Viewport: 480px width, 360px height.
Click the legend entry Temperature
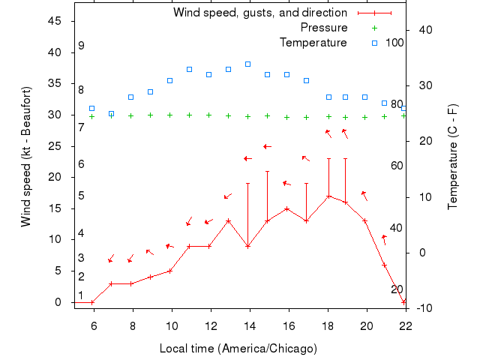pyautogui.click(x=313, y=42)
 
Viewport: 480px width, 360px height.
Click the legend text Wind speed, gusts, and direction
pyautogui.click(x=259, y=13)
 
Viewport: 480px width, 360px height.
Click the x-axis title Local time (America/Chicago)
pyautogui.click(x=238, y=349)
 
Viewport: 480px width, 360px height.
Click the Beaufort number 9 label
pyautogui.click(x=81, y=46)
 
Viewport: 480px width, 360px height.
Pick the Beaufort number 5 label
pyautogui.click(x=81, y=196)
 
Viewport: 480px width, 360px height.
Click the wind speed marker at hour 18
pyautogui.click(x=328, y=196)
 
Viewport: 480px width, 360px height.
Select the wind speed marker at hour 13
pyautogui.click(x=228, y=221)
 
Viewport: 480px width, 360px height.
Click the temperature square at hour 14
pyautogui.click(x=247, y=64)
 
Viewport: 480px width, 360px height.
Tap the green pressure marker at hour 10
pyautogui.click(x=169, y=115)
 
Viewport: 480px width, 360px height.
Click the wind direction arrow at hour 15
pyautogui.click(x=267, y=146)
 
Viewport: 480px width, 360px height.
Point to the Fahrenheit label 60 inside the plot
pyautogui.click(x=397, y=165)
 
